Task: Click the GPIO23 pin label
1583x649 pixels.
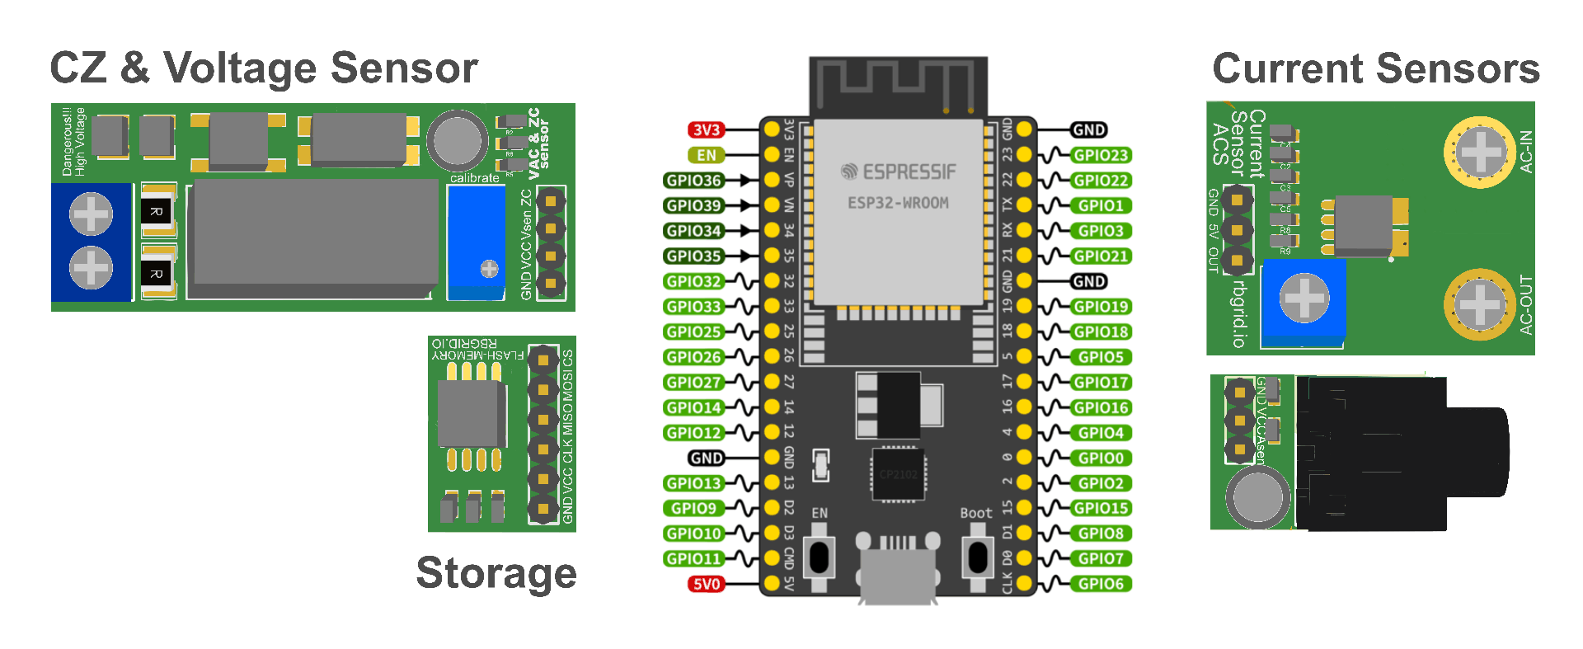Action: coord(1100,155)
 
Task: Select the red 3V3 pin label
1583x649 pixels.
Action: coord(707,130)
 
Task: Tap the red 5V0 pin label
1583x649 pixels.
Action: coord(707,585)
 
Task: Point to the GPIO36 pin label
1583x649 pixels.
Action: coord(694,181)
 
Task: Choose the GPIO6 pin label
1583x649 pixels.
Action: coord(1100,584)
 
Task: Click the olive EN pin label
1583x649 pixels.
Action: coord(707,155)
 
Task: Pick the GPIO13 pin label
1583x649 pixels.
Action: coord(694,483)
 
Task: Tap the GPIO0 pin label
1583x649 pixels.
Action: coord(1100,458)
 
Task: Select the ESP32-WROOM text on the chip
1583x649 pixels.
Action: coord(899,203)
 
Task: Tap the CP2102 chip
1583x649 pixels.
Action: coord(898,474)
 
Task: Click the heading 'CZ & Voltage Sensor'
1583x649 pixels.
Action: coord(264,68)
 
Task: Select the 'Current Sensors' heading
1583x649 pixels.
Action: coord(1376,68)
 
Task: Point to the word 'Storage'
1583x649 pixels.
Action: coord(496,573)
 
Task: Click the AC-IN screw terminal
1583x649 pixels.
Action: coord(1481,151)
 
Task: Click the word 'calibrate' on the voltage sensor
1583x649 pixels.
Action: coord(475,178)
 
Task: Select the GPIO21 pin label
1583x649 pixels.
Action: coord(1100,256)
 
